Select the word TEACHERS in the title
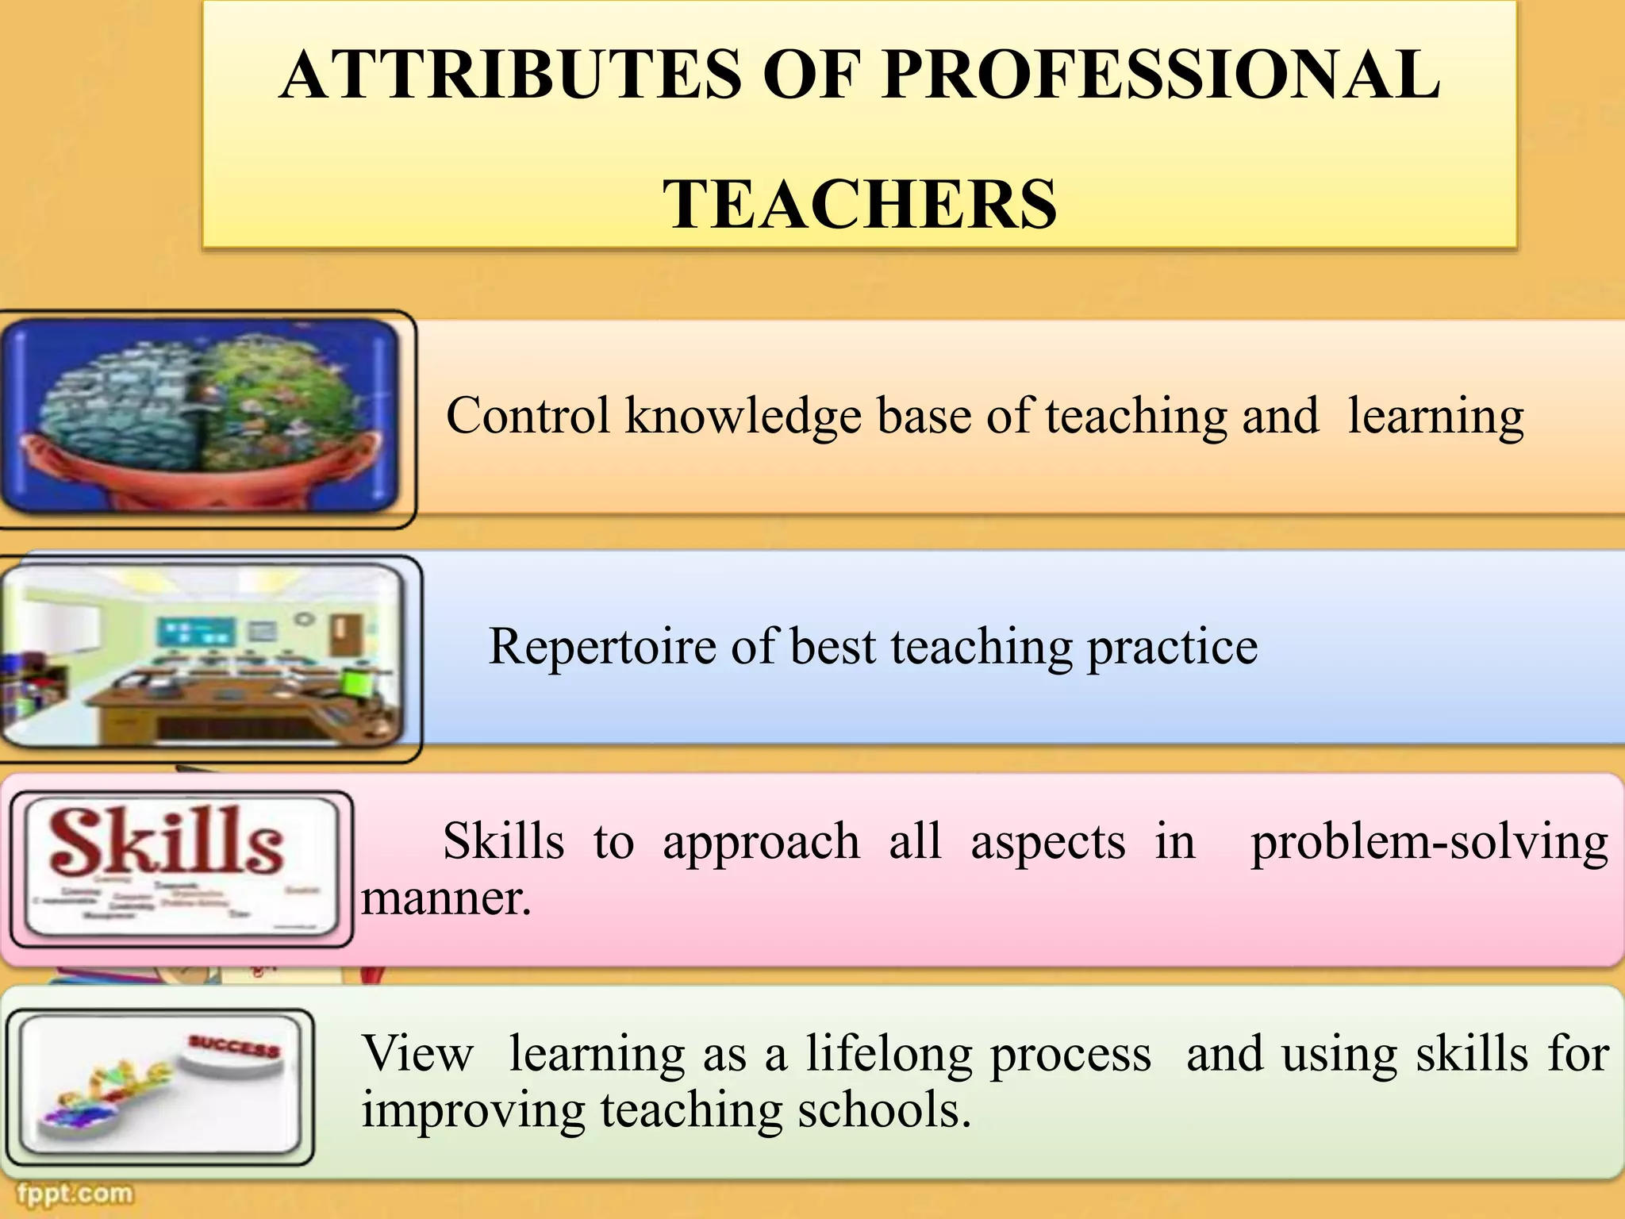pyautogui.click(x=860, y=204)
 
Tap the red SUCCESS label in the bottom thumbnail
pyautogui.click(x=234, y=1047)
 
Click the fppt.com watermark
pyautogui.click(x=75, y=1193)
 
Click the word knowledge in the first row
pyautogui.click(x=743, y=417)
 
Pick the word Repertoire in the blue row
pyautogui.click(x=601, y=646)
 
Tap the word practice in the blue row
pyautogui.click(x=1172, y=648)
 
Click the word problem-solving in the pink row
pyautogui.click(x=1429, y=843)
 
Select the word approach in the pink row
pyautogui.click(x=761, y=843)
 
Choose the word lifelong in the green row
pyautogui.click(x=889, y=1056)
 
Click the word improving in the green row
pyautogui.click(x=473, y=1111)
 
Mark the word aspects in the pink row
pyautogui.click(x=1047, y=843)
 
